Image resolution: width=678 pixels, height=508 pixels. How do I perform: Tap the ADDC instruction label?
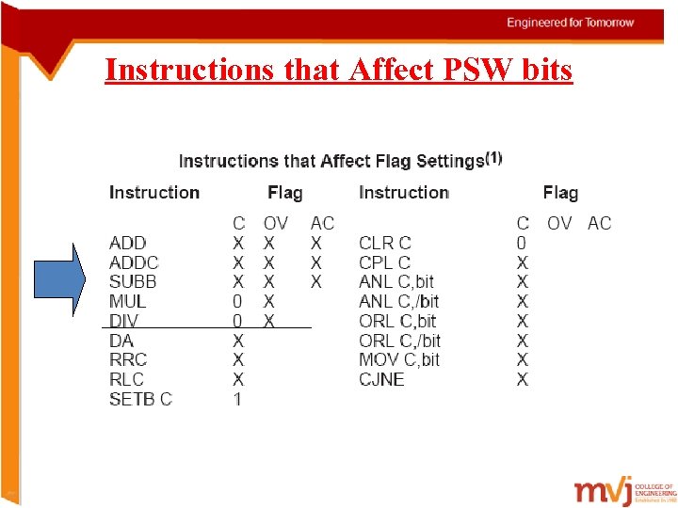coord(134,262)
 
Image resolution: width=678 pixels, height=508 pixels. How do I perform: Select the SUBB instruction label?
coord(133,281)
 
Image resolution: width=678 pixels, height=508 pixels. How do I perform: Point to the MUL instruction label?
coord(127,301)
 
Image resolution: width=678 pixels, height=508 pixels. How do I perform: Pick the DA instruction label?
coord(121,341)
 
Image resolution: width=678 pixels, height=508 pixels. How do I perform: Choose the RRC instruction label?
coord(128,359)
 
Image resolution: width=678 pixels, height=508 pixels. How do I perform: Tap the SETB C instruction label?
coord(140,399)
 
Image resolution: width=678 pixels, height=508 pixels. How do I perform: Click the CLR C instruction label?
coord(385,243)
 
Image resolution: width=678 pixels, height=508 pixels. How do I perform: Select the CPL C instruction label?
coord(385,262)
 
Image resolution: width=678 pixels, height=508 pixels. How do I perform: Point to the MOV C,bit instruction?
coord(399,359)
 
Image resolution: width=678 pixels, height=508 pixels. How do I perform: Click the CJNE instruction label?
coord(381,379)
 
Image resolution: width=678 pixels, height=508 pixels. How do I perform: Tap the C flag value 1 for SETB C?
coord(238,399)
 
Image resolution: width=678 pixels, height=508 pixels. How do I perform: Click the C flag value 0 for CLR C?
coord(523,243)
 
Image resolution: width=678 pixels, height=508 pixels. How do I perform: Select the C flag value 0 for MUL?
coord(238,301)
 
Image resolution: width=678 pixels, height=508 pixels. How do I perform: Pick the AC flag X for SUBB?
coord(316,281)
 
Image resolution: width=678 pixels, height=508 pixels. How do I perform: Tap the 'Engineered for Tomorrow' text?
coord(571,22)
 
